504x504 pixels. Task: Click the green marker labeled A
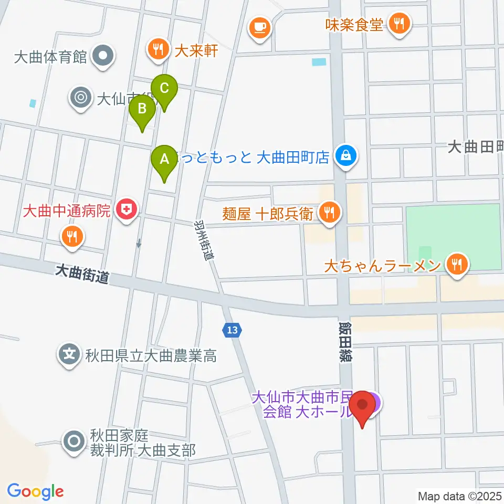pyautogui.click(x=164, y=159)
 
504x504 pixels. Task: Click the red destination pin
pyautogui.click(x=363, y=405)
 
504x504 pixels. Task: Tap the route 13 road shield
pyautogui.click(x=232, y=330)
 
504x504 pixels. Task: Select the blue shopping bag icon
pyautogui.click(x=346, y=156)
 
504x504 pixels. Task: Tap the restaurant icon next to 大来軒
pyautogui.click(x=157, y=50)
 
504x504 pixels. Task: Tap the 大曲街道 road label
pyautogui.click(x=82, y=274)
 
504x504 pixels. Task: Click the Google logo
pyautogui.click(x=35, y=491)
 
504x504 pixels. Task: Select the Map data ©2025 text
pyautogui.click(x=460, y=495)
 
